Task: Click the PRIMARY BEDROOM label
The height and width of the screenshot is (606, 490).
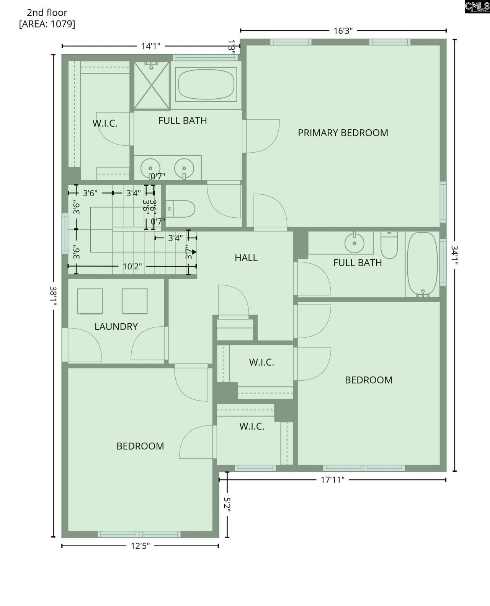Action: click(343, 133)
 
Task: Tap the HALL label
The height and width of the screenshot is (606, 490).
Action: click(246, 258)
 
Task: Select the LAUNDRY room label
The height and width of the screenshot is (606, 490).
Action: click(116, 326)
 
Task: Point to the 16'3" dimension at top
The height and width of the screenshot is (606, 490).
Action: click(343, 31)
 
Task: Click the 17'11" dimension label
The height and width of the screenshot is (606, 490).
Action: click(332, 480)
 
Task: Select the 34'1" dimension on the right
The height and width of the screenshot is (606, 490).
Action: click(455, 255)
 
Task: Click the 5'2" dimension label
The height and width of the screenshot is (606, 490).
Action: click(227, 505)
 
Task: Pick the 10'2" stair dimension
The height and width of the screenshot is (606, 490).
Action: click(132, 266)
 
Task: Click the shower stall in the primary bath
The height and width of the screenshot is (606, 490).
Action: click(152, 85)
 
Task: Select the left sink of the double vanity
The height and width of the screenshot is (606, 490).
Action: click(150, 168)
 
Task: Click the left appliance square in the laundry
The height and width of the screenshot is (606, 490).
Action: click(90, 301)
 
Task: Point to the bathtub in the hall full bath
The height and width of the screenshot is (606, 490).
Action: click(422, 264)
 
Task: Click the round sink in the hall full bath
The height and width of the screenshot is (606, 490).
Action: click(354, 243)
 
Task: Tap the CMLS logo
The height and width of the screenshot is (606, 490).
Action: click(477, 7)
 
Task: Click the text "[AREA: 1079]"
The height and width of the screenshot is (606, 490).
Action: click(47, 24)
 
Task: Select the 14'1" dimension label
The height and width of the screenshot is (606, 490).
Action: click(150, 46)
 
